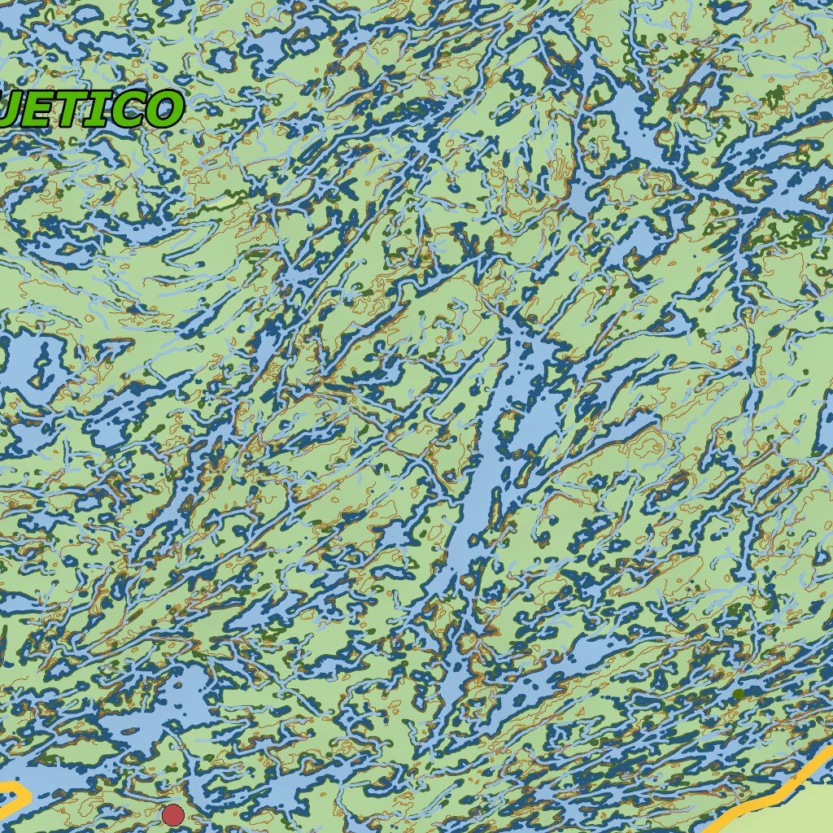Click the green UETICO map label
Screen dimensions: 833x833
tap(89, 109)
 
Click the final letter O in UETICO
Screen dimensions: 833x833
tap(163, 109)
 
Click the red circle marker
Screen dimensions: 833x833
tap(172, 814)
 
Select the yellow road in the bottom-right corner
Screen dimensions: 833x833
tap(773, 793)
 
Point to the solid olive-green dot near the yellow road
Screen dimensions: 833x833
tap(738, 694)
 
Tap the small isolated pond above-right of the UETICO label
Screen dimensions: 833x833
tap(220, 59)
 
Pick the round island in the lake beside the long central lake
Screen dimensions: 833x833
tap(508, 423)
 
